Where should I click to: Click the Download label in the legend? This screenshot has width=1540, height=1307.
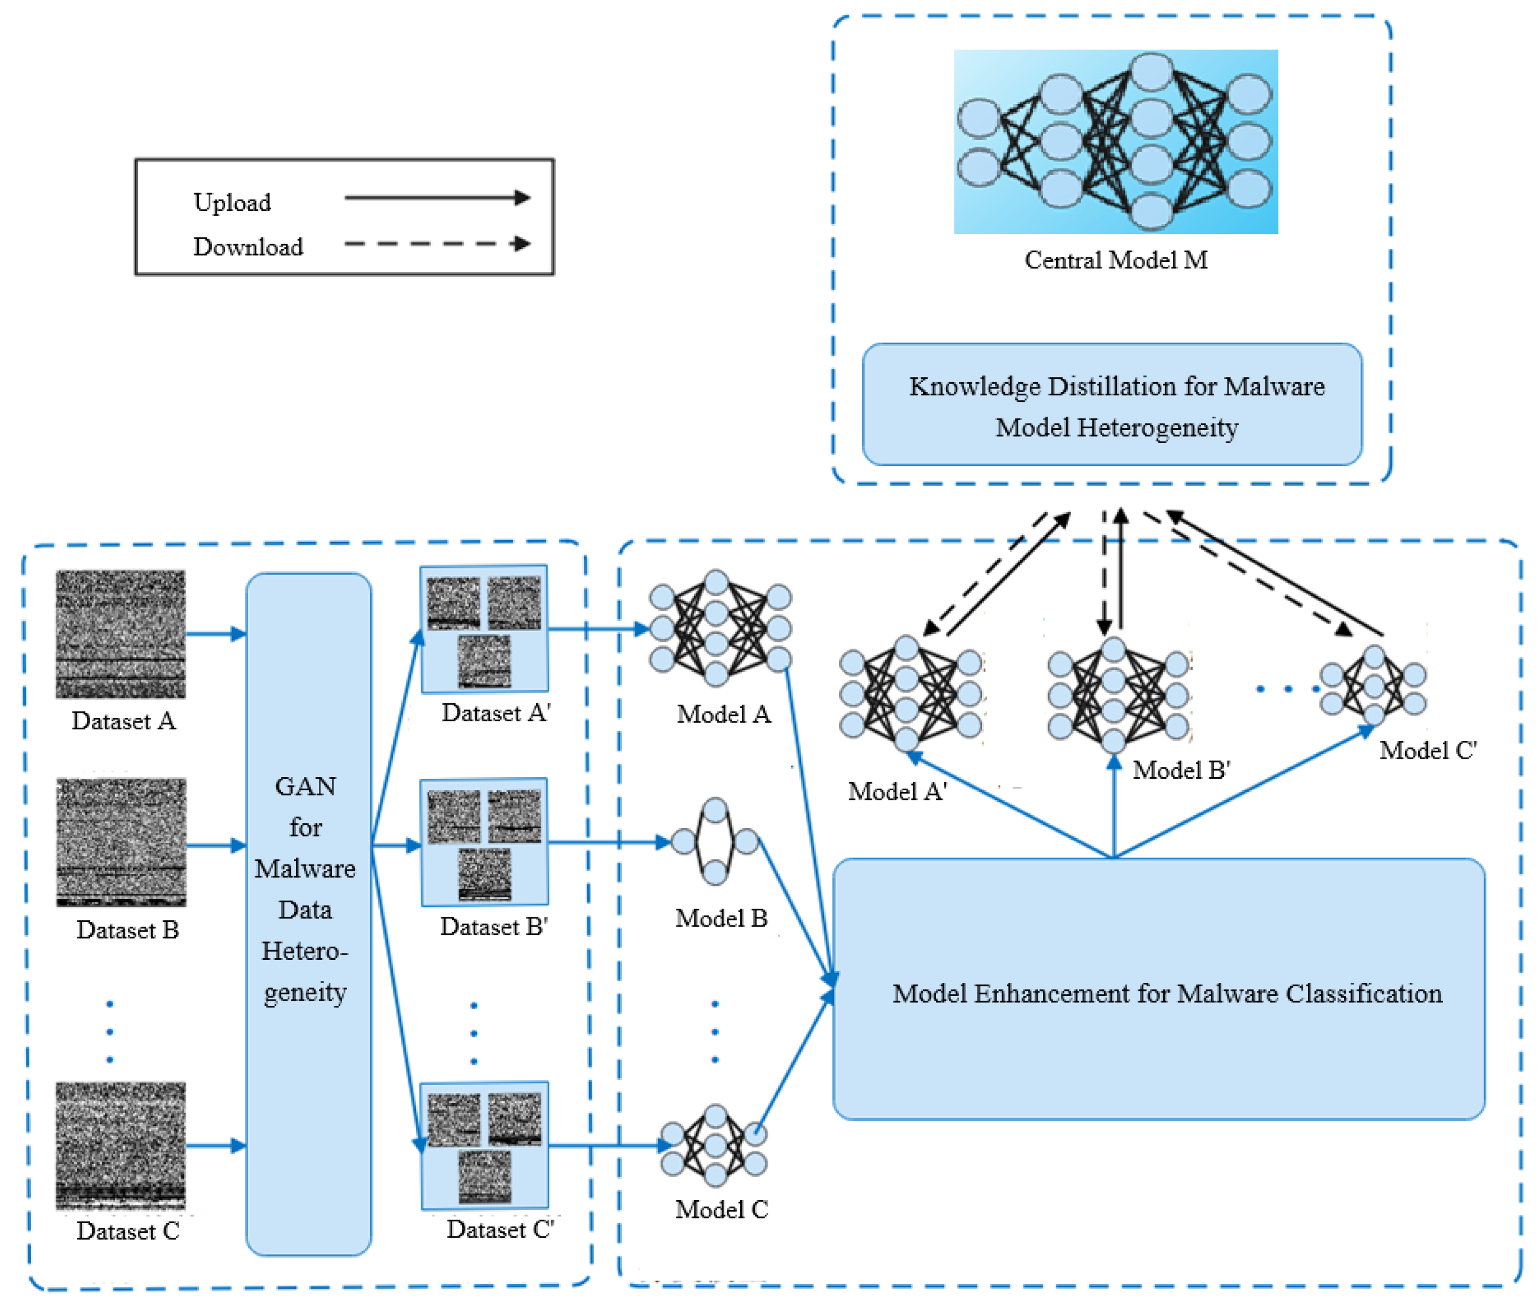click(x=248, y=247)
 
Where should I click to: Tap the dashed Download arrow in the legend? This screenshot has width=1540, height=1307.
click(x=437, y=244)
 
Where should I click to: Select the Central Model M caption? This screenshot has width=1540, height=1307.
click(x=1115, y=260)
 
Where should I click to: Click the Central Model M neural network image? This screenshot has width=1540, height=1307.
click(x=1115, y=141)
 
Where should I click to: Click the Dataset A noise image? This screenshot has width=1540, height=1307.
click(x=121, y=633)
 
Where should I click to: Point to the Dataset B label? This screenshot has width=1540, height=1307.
click(x=128, y=930)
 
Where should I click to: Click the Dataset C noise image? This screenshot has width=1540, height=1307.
click(x=121, y=1145)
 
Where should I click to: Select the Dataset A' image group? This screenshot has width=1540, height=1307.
click(x=484, y=629)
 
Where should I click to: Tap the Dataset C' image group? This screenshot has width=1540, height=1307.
click(x=484, y=1145)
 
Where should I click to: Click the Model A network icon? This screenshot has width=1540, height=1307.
click(x=720, y=628)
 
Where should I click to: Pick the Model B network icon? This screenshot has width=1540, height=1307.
click(x=715, y=841)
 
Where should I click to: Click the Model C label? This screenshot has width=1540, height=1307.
click(x=721, y=1210)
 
